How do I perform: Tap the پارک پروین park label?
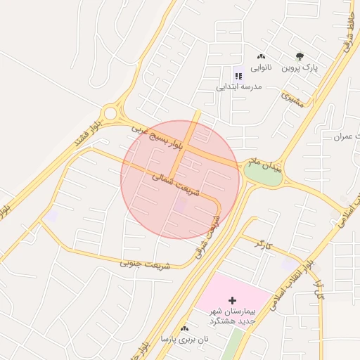pos(300,68)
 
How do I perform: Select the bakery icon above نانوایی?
pos(261,56)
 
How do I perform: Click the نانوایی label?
pos(257,68)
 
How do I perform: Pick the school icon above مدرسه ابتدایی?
pos(238,75)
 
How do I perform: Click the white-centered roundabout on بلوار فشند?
pos(110,113)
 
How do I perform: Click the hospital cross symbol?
pos(233,300)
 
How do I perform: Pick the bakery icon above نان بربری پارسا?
pos(184,328)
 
